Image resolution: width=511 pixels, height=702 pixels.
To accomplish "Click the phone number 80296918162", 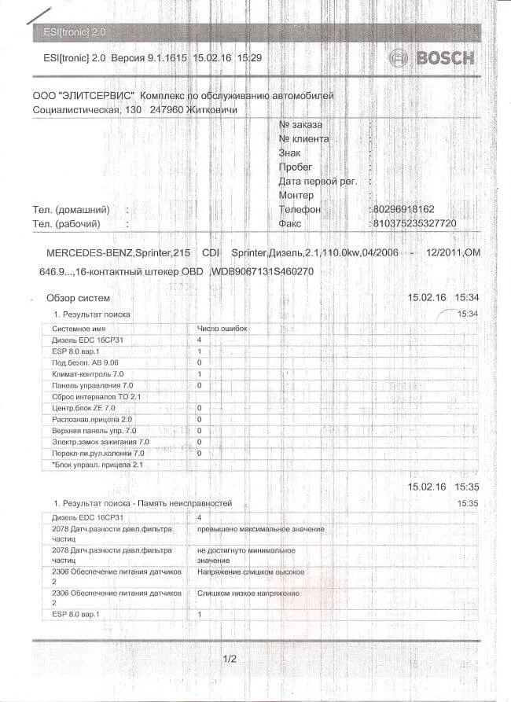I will (402, 210).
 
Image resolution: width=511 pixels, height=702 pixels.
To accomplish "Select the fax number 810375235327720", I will (414, 224).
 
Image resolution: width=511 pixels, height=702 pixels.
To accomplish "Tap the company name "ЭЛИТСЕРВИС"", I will (95, 95).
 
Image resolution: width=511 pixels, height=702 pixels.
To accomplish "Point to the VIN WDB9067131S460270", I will (263, 270).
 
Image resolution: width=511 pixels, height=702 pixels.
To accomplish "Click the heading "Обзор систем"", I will (79, 299).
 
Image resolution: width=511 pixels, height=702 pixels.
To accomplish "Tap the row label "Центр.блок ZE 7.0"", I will (83, 408).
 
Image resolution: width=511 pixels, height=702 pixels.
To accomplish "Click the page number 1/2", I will (230, 658).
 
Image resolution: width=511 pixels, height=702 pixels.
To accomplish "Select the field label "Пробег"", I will (296, 167).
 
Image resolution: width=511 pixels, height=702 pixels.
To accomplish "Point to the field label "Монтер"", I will (296, 196).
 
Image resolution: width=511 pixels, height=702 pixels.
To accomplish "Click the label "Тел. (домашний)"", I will (71, 210).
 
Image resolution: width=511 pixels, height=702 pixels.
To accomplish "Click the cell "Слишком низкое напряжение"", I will (248, 592).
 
